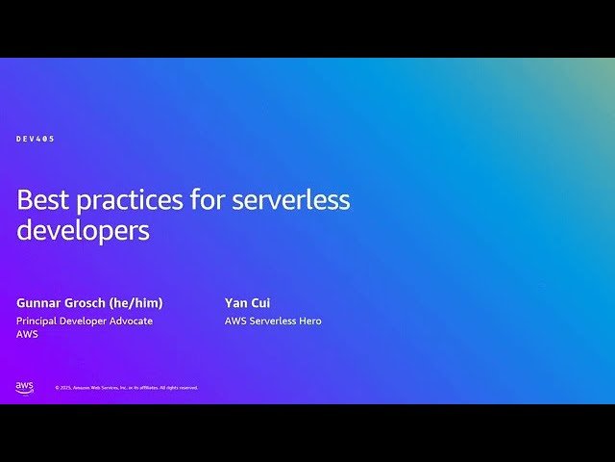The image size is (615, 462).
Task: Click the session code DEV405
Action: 36,139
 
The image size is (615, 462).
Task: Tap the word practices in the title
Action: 129,201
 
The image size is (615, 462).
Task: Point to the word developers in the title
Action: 84,231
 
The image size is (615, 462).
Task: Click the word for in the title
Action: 207,200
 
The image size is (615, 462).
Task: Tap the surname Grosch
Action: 92,302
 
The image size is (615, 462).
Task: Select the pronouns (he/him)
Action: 140,302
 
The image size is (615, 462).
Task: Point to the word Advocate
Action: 131,321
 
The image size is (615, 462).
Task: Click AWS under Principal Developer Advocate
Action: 27,334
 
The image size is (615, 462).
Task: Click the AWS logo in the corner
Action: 24,387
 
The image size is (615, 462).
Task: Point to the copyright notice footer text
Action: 126,388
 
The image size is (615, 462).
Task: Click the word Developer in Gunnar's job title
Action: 85,321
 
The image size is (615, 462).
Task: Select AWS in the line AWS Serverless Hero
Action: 235,321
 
